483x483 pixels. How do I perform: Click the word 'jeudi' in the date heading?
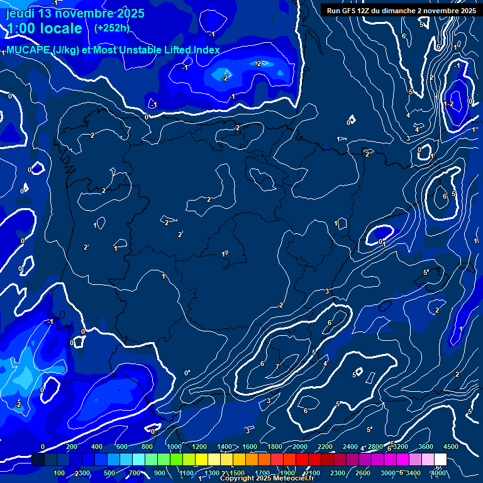[21, 13]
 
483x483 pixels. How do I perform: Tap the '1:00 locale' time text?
[44, 28]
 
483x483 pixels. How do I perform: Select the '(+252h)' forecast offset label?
[111, 28]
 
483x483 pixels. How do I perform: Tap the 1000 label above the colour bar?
[174, 447]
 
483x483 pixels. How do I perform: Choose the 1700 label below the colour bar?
[262, 473]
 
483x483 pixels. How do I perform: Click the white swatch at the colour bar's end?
[440, 460]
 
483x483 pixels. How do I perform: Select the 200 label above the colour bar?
[71, 447]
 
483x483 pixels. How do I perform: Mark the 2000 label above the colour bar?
[300, 447]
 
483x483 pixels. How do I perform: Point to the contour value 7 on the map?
[277, 366]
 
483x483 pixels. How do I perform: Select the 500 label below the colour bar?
[109, 473]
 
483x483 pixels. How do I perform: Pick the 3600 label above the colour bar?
[426, 447]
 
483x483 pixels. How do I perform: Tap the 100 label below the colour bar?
[59, 473]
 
